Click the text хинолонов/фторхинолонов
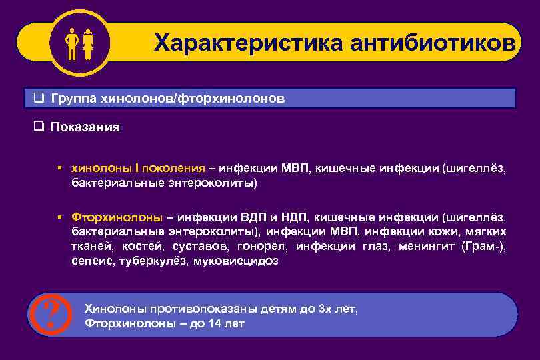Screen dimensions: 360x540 [x=193, y=99]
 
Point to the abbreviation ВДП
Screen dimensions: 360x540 [x=253, y=217]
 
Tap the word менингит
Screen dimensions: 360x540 [x=425, y=247]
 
